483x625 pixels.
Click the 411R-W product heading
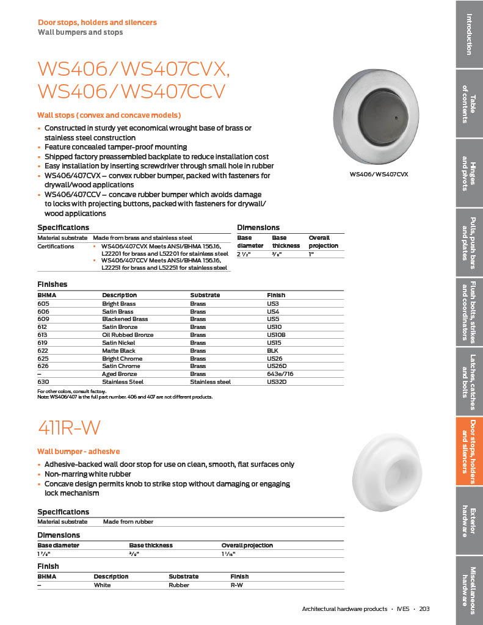pos(69,427)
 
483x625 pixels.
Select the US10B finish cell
pos(277,334)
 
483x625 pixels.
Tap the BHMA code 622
pos(43,350)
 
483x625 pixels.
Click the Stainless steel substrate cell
pos(210,382)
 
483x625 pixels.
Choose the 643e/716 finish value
pos(280,374)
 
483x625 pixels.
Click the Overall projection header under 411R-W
pos(247,545)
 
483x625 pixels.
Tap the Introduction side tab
pos(469,34)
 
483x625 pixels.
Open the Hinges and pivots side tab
pos(469,173)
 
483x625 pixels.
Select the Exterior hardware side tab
pos(469,521)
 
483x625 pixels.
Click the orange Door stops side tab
pos(469,452)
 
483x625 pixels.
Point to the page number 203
pos(425,609)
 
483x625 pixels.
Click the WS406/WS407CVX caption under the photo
pos(379,175)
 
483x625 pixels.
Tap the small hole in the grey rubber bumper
pos(396,117)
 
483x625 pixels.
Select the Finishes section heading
pos(53,284)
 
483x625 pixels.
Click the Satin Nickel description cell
pos(119,342)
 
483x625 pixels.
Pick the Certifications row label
pos(56,247)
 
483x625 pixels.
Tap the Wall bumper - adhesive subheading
pos(79,452)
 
